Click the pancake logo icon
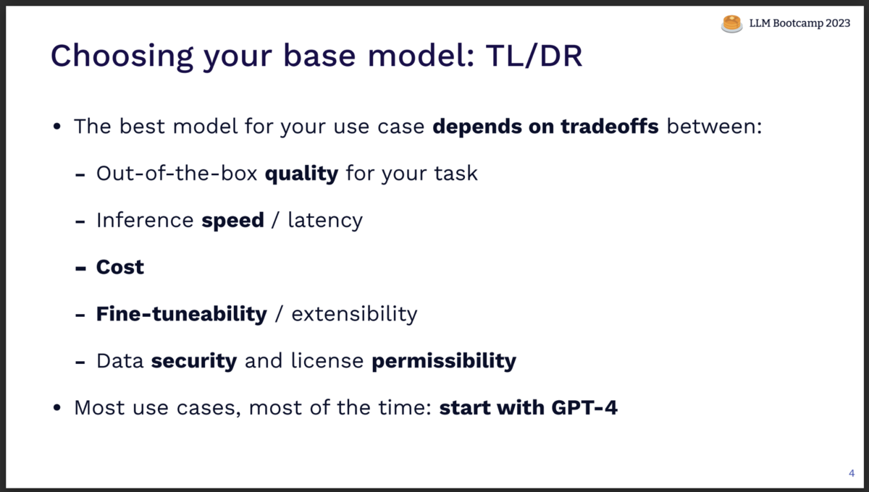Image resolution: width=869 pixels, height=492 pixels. (x=731, y=24)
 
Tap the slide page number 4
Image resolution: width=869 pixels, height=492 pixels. (x=852, y=473)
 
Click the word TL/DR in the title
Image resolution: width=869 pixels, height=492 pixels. (x=534, y=56)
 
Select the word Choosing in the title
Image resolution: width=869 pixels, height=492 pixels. (x=122, y=57)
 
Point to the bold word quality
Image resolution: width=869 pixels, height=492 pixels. (x=301, y=174)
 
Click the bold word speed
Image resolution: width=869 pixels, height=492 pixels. (x=232, y=221)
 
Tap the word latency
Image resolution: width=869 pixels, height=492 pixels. (x=325, y=221)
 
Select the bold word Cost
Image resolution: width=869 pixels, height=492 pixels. (x=120, y=267)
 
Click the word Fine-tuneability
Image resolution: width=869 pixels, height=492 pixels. (x=182, y=314)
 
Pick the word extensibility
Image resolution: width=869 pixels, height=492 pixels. (x=354, y=314)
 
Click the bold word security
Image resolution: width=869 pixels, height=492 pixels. (x=194, y=361)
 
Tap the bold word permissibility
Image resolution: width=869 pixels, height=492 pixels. (x=444, y=361)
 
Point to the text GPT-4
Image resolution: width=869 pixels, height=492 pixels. (x=584, y=408)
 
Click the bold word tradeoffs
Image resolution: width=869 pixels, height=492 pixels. (x=610, y=127)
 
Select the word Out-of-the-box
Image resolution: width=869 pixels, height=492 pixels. (x=177, y=174)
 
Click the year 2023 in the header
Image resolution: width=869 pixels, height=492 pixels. (x=838, y=23)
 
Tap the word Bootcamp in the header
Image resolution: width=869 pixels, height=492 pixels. (x=798, y=24)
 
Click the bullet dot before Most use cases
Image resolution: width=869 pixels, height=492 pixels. (x=57, y=407)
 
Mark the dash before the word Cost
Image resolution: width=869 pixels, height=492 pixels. (x=80, y=268)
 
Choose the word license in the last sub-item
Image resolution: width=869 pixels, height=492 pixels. (x=327, y=361)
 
